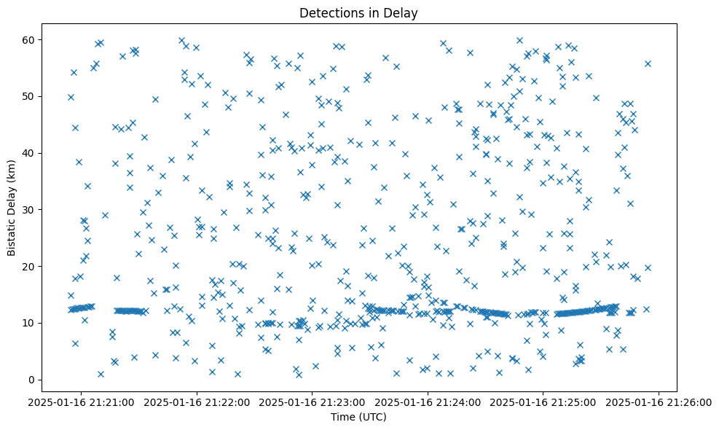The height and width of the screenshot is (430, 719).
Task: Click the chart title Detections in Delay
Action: pyautogui.click(x=358, y=12)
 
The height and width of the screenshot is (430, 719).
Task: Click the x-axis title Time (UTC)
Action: pyautogui.click(x=358, y=418)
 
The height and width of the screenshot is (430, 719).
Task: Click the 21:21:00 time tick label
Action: pyautogui.click(x=82, y=402)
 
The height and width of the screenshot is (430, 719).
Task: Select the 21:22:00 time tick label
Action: pyautogui.click(x=197, y=402)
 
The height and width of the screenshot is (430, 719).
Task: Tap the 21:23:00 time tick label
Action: pyautogui.click(x=313, y=402)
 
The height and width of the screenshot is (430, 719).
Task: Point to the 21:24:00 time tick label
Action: pyautogui.click(x=428, y=402)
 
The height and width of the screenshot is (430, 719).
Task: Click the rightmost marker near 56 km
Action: pyautogui.click(x=648, y=63)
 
